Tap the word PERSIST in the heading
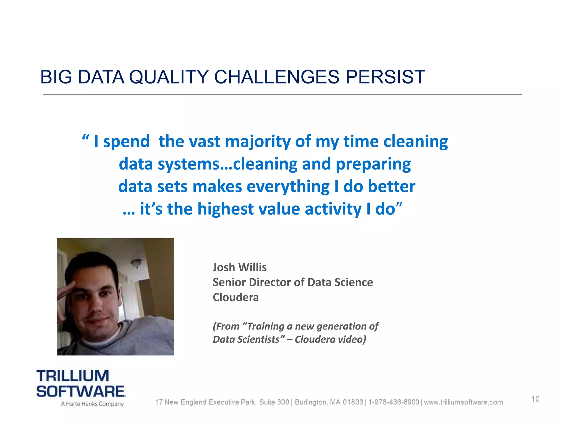[385, 77]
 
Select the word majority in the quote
[258, 142]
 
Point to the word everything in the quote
[288, 187]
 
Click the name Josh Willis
[239, 267]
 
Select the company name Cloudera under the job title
[236, 298]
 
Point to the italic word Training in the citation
[266, 326]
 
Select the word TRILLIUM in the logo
[73, 376]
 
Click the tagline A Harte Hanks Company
[92, 404]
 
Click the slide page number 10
[535, 399]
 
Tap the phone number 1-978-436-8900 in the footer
[393, 402]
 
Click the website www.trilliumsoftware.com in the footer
[463, 402]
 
